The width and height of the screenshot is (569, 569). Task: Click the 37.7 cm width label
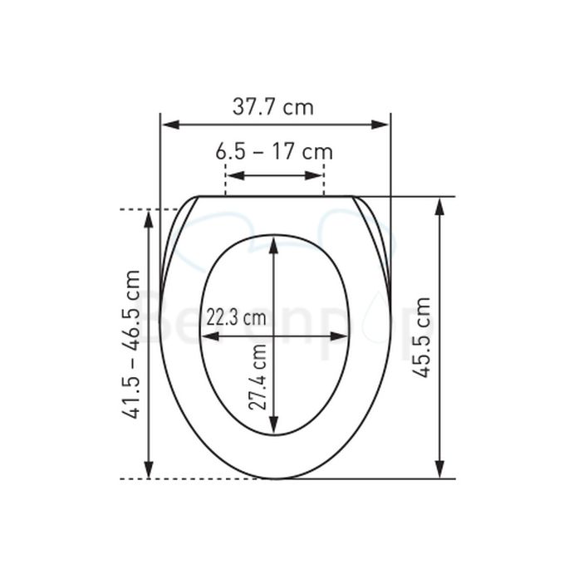coord(273,107)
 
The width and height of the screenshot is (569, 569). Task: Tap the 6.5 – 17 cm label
coord(274,152)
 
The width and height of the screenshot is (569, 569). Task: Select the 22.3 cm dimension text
coord(236,317)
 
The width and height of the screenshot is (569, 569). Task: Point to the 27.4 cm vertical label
coord(258,377)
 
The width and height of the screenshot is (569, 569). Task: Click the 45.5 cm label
coord(422,337)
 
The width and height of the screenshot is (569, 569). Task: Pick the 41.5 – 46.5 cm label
coord(130,345)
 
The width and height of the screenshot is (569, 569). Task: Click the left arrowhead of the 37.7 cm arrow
coord(171,125)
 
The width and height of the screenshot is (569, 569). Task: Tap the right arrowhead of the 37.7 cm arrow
coord(380,125)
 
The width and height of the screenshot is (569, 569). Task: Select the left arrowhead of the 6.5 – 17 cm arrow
coord(236,176)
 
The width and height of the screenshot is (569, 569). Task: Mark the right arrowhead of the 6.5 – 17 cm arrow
coord(313,176)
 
